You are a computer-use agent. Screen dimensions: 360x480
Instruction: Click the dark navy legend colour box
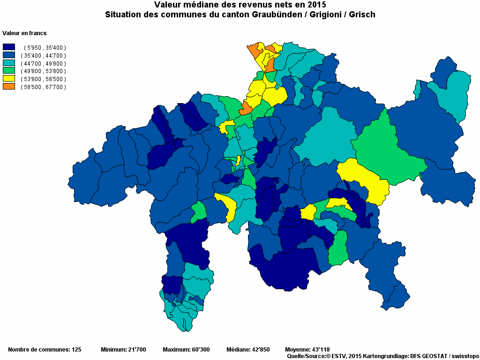tap(9, 47)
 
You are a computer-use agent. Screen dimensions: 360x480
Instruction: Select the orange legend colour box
tap(9, 87)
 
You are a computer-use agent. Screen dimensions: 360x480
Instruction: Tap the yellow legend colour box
tap(9, 79)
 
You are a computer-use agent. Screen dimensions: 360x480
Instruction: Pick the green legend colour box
tap(9, 71)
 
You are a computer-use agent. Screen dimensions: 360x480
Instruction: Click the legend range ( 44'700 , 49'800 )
tap(43, 63)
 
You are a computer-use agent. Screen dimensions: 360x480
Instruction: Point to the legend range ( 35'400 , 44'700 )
tap(43, 55)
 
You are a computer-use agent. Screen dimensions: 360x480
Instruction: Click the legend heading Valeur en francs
tap(24, 33)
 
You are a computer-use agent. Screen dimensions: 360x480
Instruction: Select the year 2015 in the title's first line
tap(316, 5)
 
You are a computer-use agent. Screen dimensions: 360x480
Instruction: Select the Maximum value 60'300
tap(200, 350)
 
